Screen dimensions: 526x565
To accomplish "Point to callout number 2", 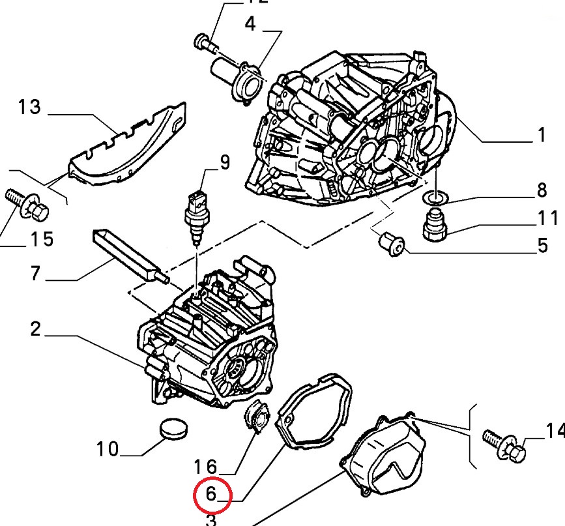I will (x=35, y=329).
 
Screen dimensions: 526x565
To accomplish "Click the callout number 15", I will (x=40, y=240).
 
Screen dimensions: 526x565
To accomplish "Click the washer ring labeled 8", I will (x=433, y=197).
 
